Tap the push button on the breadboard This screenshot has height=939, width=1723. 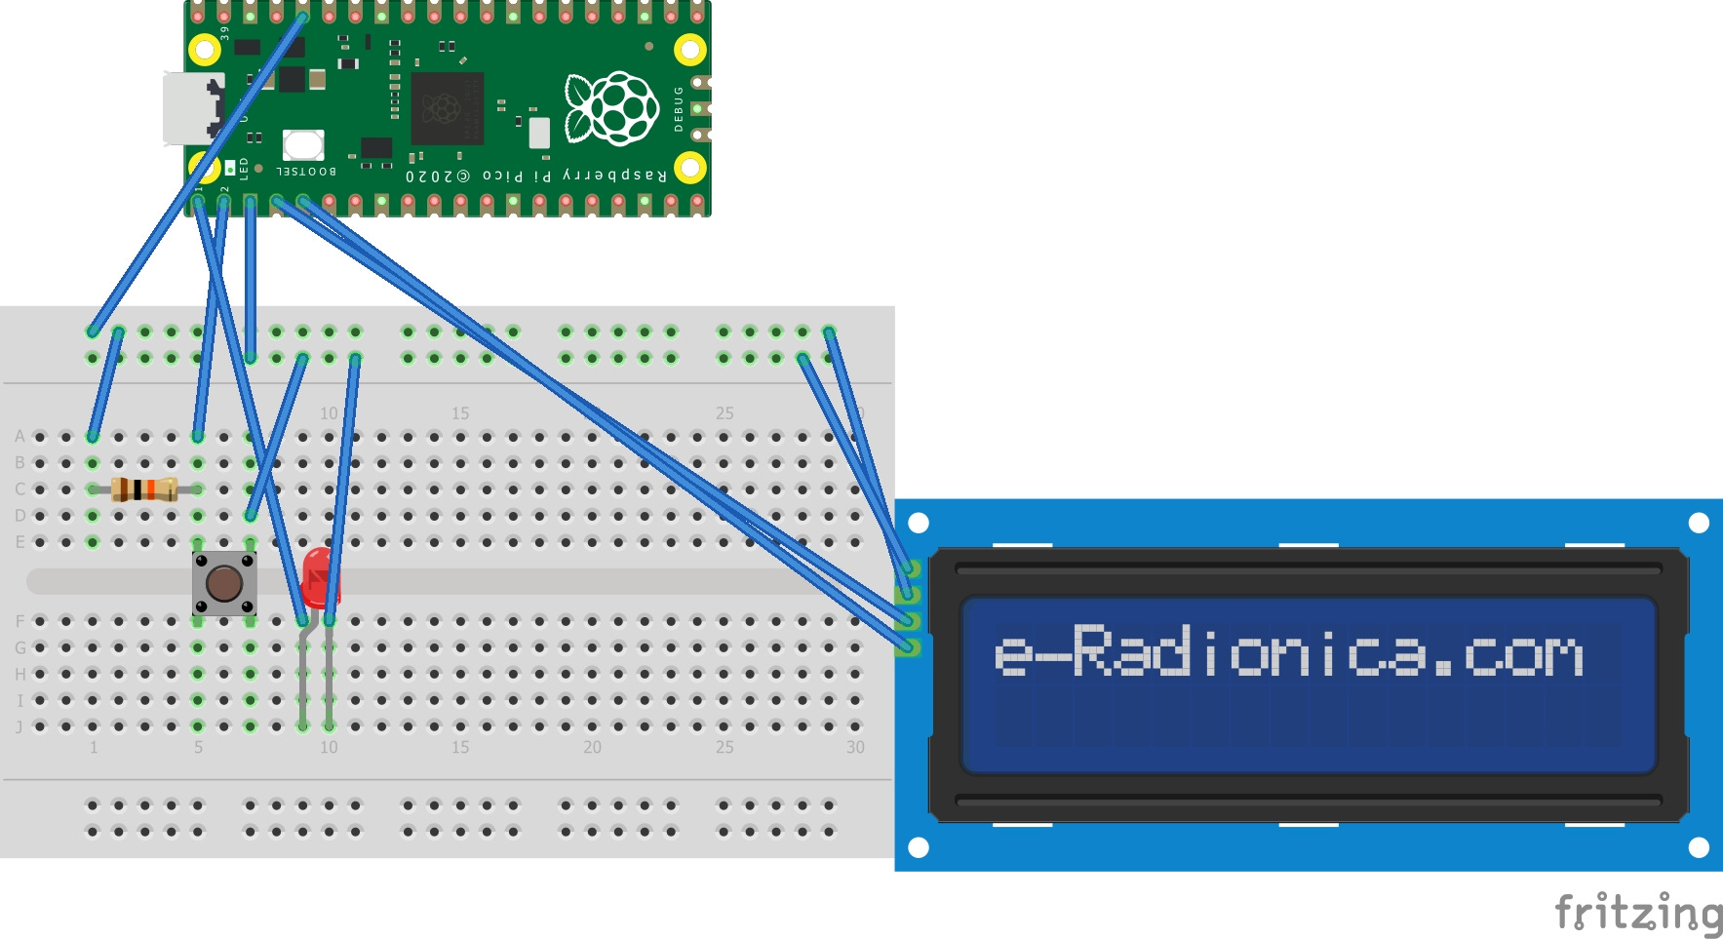(224, 583)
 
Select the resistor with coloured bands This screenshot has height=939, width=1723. (144, 489)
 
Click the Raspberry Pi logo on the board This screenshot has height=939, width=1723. (612, 107)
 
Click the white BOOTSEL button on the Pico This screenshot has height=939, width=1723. (303, 145)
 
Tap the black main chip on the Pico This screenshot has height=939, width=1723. (447, 108)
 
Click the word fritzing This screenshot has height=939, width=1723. (1637, 915)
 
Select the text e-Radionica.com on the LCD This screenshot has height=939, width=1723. (1287, 652)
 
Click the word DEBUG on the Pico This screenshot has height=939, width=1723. (680, 108)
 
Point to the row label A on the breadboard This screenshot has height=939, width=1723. (20, 436)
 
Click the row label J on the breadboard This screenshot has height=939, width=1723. (20, 726)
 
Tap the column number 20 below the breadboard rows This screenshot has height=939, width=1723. (592, 748)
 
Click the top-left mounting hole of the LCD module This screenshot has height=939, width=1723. (919, 523)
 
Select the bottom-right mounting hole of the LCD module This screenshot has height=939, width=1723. (1699, 847)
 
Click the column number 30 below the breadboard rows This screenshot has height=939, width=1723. (855, 748)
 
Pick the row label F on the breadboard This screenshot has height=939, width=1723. (20, 621)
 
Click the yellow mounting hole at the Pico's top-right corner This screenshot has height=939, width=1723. (690, 49)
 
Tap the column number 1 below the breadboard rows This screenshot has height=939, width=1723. (94, 748)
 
